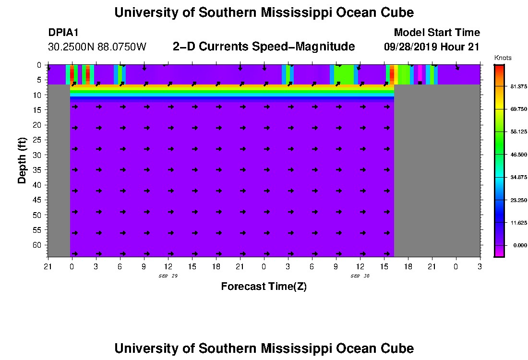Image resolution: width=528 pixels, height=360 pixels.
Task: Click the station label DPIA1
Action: (x=63, y=33)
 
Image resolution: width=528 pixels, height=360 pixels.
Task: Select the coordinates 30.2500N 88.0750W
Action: (x=97, y=47)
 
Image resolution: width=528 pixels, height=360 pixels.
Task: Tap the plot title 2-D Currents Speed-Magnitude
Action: (x=264, y=47)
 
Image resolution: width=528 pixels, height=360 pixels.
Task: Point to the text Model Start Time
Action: (x=436, y=33)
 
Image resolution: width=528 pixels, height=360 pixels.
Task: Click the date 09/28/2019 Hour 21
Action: (x=432, y=47)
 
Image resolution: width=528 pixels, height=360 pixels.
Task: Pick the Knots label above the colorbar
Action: (x=503, y=58)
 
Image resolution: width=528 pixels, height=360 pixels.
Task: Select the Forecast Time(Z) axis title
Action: (x=264, y=287)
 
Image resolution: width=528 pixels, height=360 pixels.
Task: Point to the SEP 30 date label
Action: (x=360, y=276)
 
